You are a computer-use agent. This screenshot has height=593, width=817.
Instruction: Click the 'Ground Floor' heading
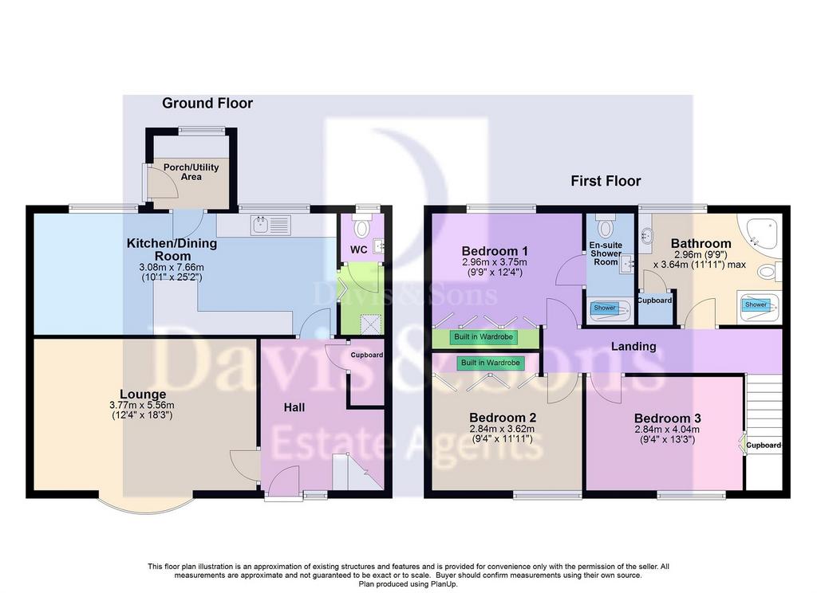pyautogui.click(x=207, y=103)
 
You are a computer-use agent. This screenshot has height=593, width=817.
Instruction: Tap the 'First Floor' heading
pyautogui.click(x=606, y=181)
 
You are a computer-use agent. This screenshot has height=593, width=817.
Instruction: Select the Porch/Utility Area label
pyautogui.click(x=191, y=172)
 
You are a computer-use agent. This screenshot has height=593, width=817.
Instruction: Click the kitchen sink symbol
pyautogui.click(x=270, y=225)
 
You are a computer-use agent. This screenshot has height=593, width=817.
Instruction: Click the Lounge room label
pyautogui.click(x=143, y=394)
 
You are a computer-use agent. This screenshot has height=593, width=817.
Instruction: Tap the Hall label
pyautogui.click(x=294, y=407)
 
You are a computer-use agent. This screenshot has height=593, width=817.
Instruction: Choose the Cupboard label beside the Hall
pyautogui.click(x=367, y=355)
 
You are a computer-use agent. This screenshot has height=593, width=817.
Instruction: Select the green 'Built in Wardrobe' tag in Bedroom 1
pyautogui.click(x=484, y=337)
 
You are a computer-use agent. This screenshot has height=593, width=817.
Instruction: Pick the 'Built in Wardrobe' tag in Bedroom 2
pyautogui.click(x=491, y=363)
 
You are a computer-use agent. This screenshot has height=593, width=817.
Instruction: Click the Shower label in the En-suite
pyautogui.click(x=605, y=308)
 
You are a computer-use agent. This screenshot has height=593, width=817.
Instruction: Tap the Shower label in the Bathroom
pyautogui.click(x=756, y=304)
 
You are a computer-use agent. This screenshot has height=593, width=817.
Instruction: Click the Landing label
pyautogui.click(x=633, y=346)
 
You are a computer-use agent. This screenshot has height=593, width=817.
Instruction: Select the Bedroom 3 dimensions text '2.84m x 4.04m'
pyautogui.click(x=667, y=430)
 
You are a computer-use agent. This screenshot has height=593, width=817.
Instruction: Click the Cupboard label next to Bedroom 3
pyautogui.click(x=764, y=445)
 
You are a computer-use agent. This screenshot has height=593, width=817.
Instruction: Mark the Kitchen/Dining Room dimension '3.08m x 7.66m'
pyautogui.click(x=172, y=267)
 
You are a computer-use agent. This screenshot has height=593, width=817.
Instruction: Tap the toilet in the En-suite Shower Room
pyautogui.click(x=606, y=227)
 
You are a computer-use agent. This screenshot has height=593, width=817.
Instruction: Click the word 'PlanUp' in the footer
pyautogui.click(x=444, y=584)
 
